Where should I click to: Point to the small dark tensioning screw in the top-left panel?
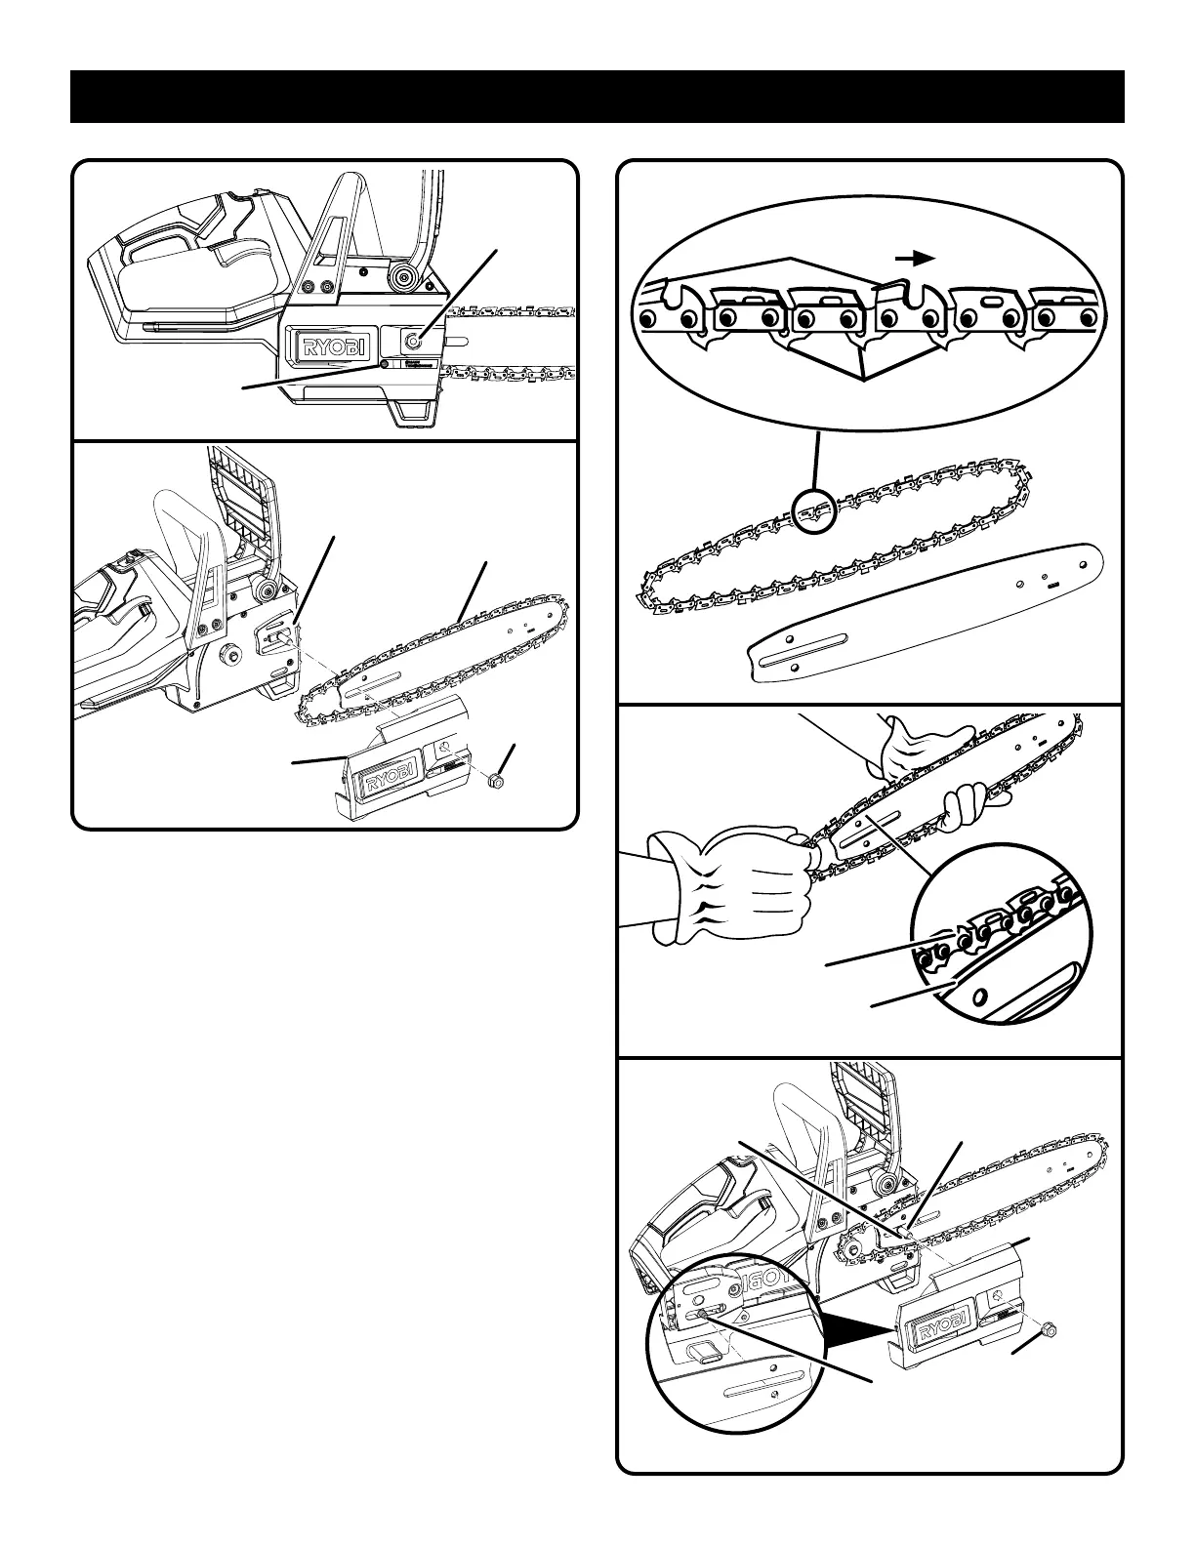pos(385,364)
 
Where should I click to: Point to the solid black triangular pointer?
pos(859,1328)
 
